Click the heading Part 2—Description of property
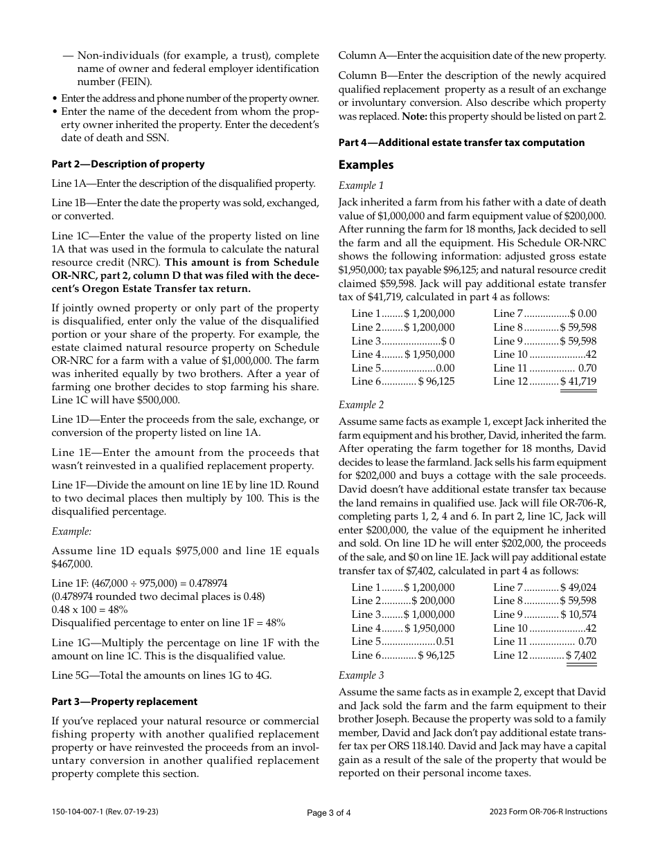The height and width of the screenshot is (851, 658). point(128,164)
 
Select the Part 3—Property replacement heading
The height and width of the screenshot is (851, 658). point(125,702)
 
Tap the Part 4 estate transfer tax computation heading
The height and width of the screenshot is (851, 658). point(461,143)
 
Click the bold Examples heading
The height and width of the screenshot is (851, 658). point(366,165)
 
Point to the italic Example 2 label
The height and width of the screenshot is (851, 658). point(361,405)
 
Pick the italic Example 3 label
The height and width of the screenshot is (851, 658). point(361,675)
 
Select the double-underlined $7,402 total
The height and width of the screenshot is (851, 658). point(581,655)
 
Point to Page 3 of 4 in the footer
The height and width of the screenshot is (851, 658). point(329,813)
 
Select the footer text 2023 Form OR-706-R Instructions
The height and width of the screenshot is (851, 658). point(548,812)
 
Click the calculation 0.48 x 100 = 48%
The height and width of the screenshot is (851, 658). point(89,610)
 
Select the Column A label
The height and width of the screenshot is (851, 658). point(363,56)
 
